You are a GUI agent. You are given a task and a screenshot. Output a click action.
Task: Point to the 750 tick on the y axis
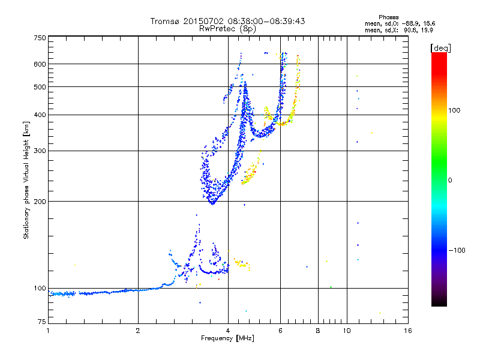40,37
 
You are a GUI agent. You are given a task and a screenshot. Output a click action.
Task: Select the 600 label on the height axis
40,64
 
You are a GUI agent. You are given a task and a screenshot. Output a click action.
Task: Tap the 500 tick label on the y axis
40,87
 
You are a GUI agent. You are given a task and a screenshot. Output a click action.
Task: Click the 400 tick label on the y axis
40,115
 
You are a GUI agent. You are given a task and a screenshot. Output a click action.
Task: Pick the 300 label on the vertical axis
40,151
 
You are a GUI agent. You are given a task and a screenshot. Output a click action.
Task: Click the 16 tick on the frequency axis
407,331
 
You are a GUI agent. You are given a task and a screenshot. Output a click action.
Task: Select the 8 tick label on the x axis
318,331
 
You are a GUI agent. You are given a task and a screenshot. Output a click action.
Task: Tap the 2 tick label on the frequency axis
138,331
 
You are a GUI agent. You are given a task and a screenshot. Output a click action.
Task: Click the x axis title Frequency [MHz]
227,338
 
